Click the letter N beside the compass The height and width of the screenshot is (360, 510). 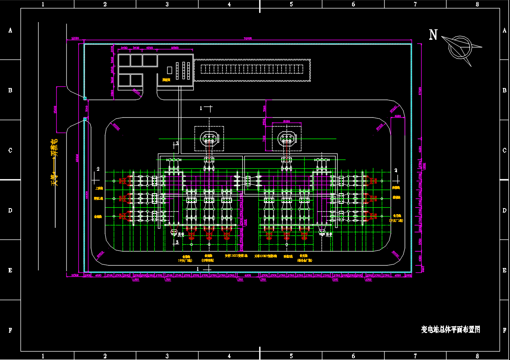[433, 35]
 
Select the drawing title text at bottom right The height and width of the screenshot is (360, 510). [451, 330]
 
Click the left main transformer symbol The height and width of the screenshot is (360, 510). [209, 139]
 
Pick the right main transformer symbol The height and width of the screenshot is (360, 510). [287, 139]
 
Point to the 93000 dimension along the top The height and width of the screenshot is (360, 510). [248, 38]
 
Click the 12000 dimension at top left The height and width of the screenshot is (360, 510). [75, 38]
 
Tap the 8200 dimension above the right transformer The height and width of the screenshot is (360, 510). [286, 121]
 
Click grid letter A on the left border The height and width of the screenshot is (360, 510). [10, 31]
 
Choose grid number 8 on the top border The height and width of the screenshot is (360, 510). [477, 4]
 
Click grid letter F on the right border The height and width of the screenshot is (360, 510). [504, 330]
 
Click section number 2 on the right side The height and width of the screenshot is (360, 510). [396, 170]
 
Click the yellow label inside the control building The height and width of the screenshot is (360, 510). [166, 80]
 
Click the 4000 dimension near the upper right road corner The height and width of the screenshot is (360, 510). [398, 117]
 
